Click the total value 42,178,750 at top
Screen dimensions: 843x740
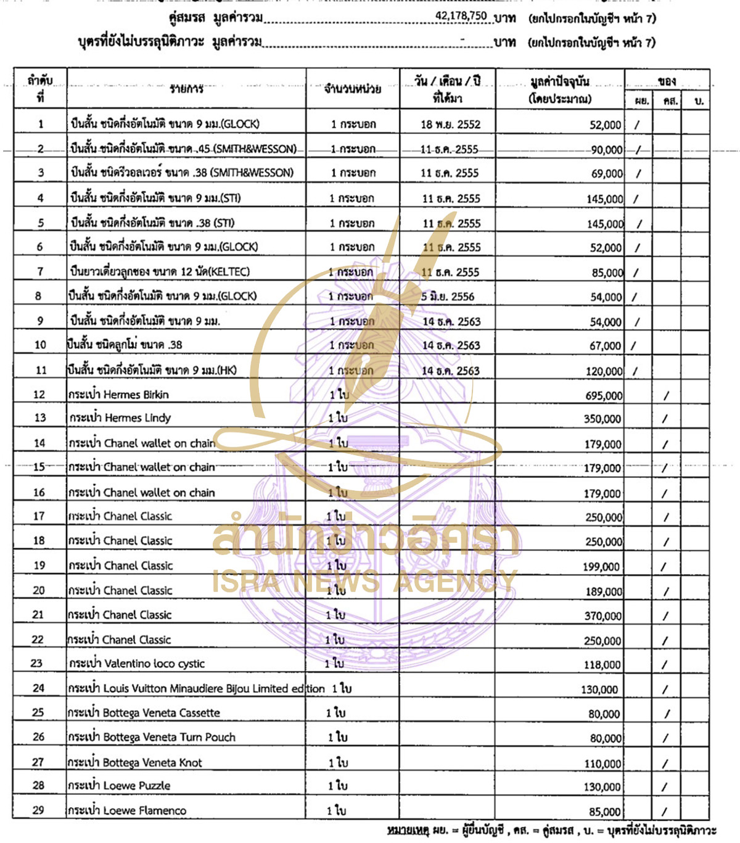point(461,16)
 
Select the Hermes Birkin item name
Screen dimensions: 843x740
point(118,395)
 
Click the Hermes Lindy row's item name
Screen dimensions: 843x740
point(120,418)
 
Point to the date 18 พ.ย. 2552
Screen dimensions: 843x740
point(450,125)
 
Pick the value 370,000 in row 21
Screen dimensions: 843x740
point(602,616)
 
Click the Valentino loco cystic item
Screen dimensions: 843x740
point(136,664)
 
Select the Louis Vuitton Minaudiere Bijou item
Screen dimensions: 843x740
point(196,689)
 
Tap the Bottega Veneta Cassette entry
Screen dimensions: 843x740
point(144,713)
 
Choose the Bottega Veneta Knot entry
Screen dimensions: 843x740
point(135,763)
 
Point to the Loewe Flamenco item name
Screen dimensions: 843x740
point(127,811)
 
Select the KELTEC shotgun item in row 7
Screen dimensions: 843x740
point(160,272)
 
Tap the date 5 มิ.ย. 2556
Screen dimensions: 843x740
point(448,297)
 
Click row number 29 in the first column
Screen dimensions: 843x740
point(38,810)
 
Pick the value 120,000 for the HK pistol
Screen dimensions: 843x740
point(604,371)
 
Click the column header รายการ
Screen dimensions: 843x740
point(186,89)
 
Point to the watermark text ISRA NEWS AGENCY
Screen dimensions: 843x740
point(364,581)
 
